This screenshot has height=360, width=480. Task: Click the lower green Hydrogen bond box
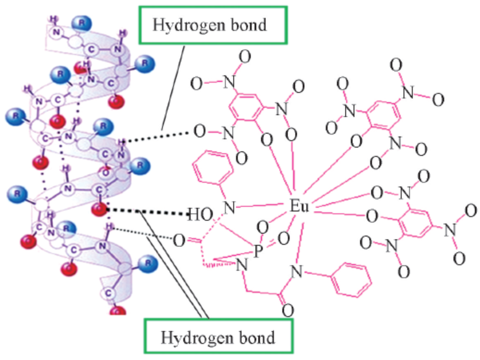(218, 337)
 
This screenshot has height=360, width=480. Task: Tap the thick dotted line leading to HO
(148, 212)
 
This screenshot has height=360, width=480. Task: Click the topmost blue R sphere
(81, 23)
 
